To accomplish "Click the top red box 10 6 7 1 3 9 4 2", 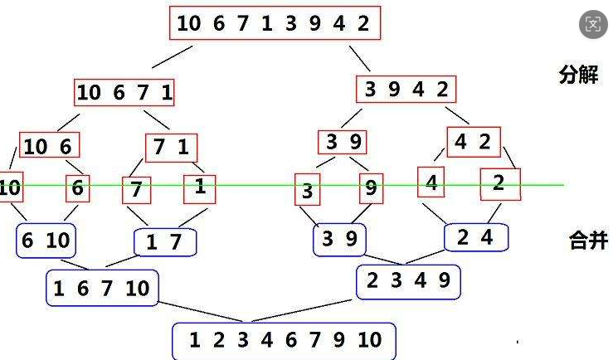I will point(275,23).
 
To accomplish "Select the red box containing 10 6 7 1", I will point(124,93).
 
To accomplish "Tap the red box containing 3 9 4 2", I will point(406,90).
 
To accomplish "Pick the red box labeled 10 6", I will point(49,147).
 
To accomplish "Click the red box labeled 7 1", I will point(171,148).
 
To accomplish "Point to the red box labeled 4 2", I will point(473,142).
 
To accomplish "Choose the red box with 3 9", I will point(343,142).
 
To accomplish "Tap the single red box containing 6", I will point(77,188).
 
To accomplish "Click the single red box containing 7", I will point(136,190).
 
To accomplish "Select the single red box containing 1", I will point(199,187).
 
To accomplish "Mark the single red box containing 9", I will point(371,189).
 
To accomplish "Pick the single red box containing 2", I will point(499,184).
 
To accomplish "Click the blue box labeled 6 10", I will point(46,241).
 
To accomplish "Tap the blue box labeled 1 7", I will point(166,243).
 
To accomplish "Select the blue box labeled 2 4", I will point(475,238).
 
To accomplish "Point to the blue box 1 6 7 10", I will point(102,288).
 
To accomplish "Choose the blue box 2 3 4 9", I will point(408,281).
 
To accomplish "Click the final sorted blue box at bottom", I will point(284,340).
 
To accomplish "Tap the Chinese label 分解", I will point(578,75).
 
